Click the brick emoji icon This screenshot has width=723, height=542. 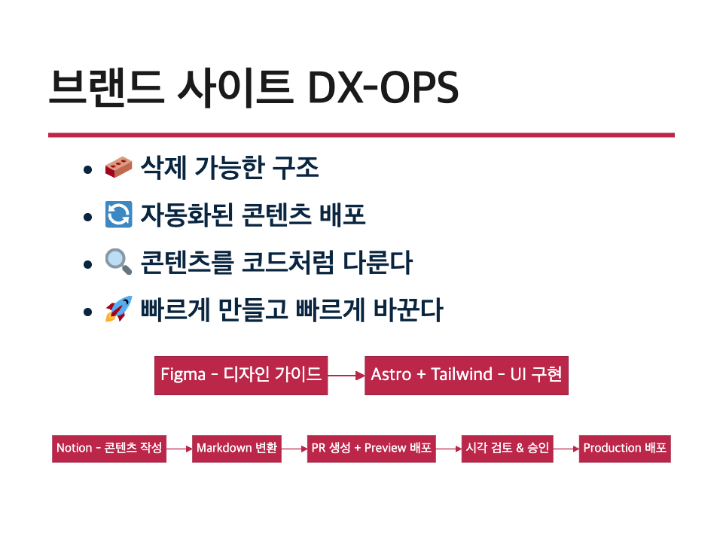pyautogui.click(x=118, y=167)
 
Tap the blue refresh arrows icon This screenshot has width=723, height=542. pyautogui.click(x=118, y=215)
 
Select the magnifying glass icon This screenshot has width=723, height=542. pyautogui.click(x=118, y=262)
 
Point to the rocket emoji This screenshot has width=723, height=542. pyautogui.click(x=118, y=309)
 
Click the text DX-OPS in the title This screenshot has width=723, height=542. pyautogui.click(x=383, y=87)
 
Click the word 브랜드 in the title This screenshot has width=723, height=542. pyautogui.click(x=106, y=87)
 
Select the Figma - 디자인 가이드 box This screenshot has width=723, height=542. pyautogui.click(x=241, y=376)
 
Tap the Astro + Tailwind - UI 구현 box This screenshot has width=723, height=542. pyautogui.click(x=466, y=376)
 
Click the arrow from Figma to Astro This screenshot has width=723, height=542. pyautogui.click(x=346, y=376)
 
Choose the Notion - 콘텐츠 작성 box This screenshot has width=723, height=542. pyautogui.click(x=109, y=449)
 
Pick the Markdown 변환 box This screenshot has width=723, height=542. pyautogui.click(x=236, y=449)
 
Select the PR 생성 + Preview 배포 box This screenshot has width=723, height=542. pyautogui.click(x=371, y=449)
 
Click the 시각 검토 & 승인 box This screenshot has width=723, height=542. pyautogui.click(x=507, y=449)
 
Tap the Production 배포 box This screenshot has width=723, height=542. pyautogui.click(x=625, y=449)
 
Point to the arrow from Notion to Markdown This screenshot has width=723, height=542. pyautogui.click(x=179, y=449)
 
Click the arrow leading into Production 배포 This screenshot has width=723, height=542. pyautogui.click(x=566, y=449)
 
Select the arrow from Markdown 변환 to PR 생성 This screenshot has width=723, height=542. pyautogui.click(x=294, y=449)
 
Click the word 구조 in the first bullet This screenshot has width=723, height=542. pyautogui.click(x=295, y=167)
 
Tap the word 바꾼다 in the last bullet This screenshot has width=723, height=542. pyautogui.click(x=408, y=309)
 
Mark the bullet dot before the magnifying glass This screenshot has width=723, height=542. pyautogui.click(x=87, y=264)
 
